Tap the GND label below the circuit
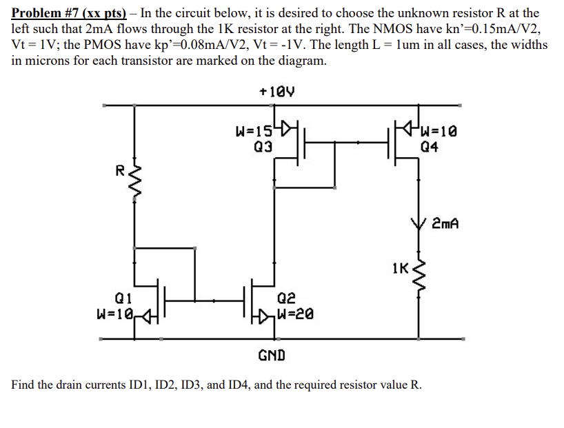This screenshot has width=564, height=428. point(270,356)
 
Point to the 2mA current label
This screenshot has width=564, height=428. point(445,224)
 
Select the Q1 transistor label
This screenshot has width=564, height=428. point(123,299)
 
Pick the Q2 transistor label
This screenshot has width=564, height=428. point(287,299)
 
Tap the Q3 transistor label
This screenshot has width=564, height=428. point(263,146)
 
